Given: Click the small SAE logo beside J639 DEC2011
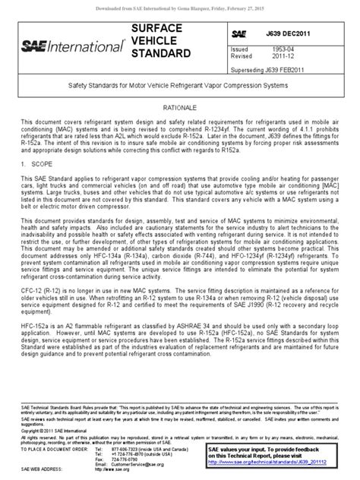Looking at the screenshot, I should (238, 34).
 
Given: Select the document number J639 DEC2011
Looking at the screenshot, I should (303, 34).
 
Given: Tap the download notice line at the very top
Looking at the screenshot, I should (180, 5).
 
